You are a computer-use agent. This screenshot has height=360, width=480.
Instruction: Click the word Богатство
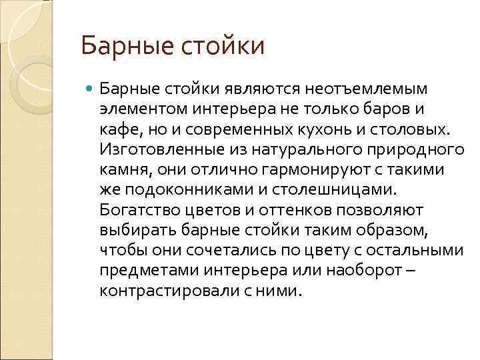138,210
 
